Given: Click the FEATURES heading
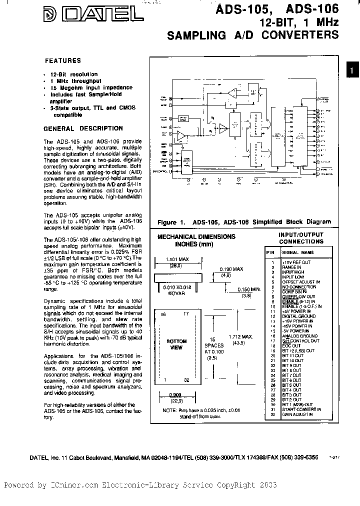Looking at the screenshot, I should tap(63, 61).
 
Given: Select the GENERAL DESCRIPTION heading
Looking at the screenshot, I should tap(83, 128).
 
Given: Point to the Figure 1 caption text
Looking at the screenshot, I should tap(244, 222).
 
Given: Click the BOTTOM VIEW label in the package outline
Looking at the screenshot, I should tap(176, 344).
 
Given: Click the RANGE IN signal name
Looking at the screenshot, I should tap(292, 267).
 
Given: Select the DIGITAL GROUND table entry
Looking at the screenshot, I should tap(299, 316).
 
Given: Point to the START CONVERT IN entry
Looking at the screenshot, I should tap(301, 409).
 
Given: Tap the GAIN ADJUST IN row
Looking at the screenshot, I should tap(297, 414).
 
